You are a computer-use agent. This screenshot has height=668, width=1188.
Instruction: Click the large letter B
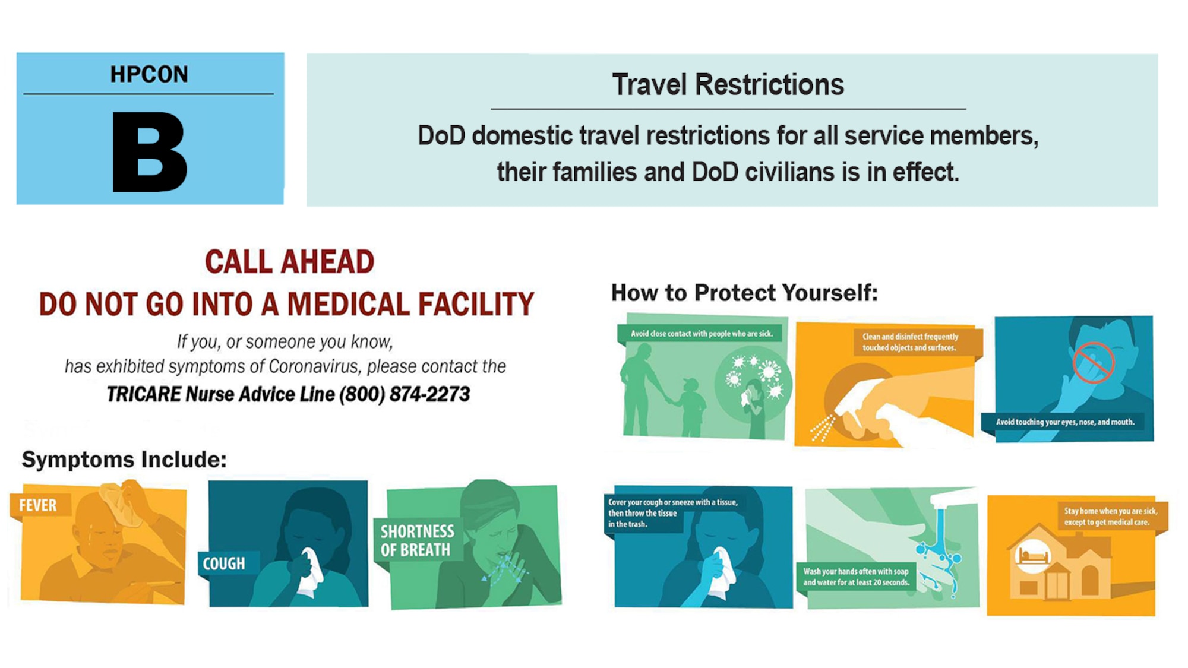pos(150,152)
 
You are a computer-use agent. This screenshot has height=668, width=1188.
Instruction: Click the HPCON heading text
pos(149,74)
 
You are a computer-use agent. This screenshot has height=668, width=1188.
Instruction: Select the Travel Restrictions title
pos(728,84)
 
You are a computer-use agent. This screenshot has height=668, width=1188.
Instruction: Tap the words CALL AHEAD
pos(289,262)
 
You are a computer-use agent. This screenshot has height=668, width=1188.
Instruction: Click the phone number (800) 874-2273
pos(405,394)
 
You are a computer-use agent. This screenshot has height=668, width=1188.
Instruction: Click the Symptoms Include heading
pos(124,460)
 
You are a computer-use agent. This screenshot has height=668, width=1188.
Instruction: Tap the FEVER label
pos(38,505)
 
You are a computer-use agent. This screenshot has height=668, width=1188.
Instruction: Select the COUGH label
pos(224,563)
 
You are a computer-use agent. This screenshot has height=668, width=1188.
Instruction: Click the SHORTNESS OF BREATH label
pos(417,540)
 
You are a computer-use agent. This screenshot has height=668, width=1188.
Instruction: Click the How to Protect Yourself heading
pos(744,293)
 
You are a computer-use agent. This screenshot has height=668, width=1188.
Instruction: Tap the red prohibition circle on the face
pos(1093,363)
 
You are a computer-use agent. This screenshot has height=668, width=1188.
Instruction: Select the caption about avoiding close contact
pos(702,334)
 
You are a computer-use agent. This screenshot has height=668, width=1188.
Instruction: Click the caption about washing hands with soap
pos(856,577)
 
